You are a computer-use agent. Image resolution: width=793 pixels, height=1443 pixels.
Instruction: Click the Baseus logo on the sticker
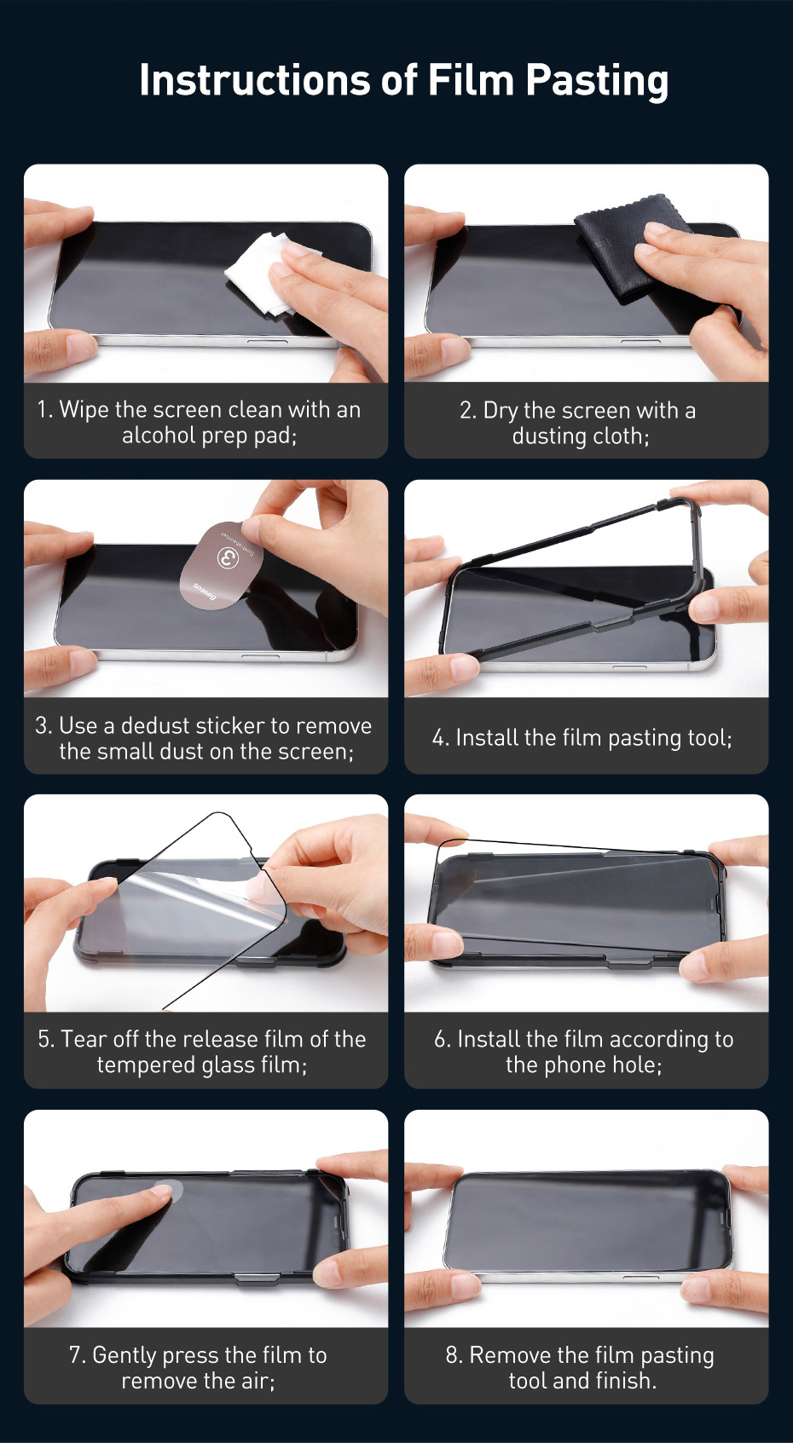click(205, 592)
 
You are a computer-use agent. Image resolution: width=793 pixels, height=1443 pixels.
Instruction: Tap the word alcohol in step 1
click(159, 436)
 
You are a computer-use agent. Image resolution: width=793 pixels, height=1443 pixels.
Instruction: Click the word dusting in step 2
click(549, 436)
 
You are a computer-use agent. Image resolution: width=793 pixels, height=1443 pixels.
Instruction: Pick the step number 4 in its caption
click(440, 738)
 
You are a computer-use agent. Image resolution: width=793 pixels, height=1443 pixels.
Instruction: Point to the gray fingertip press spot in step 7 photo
click(168, 1189)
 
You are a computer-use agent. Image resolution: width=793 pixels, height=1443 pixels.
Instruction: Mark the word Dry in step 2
click(501, 411)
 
